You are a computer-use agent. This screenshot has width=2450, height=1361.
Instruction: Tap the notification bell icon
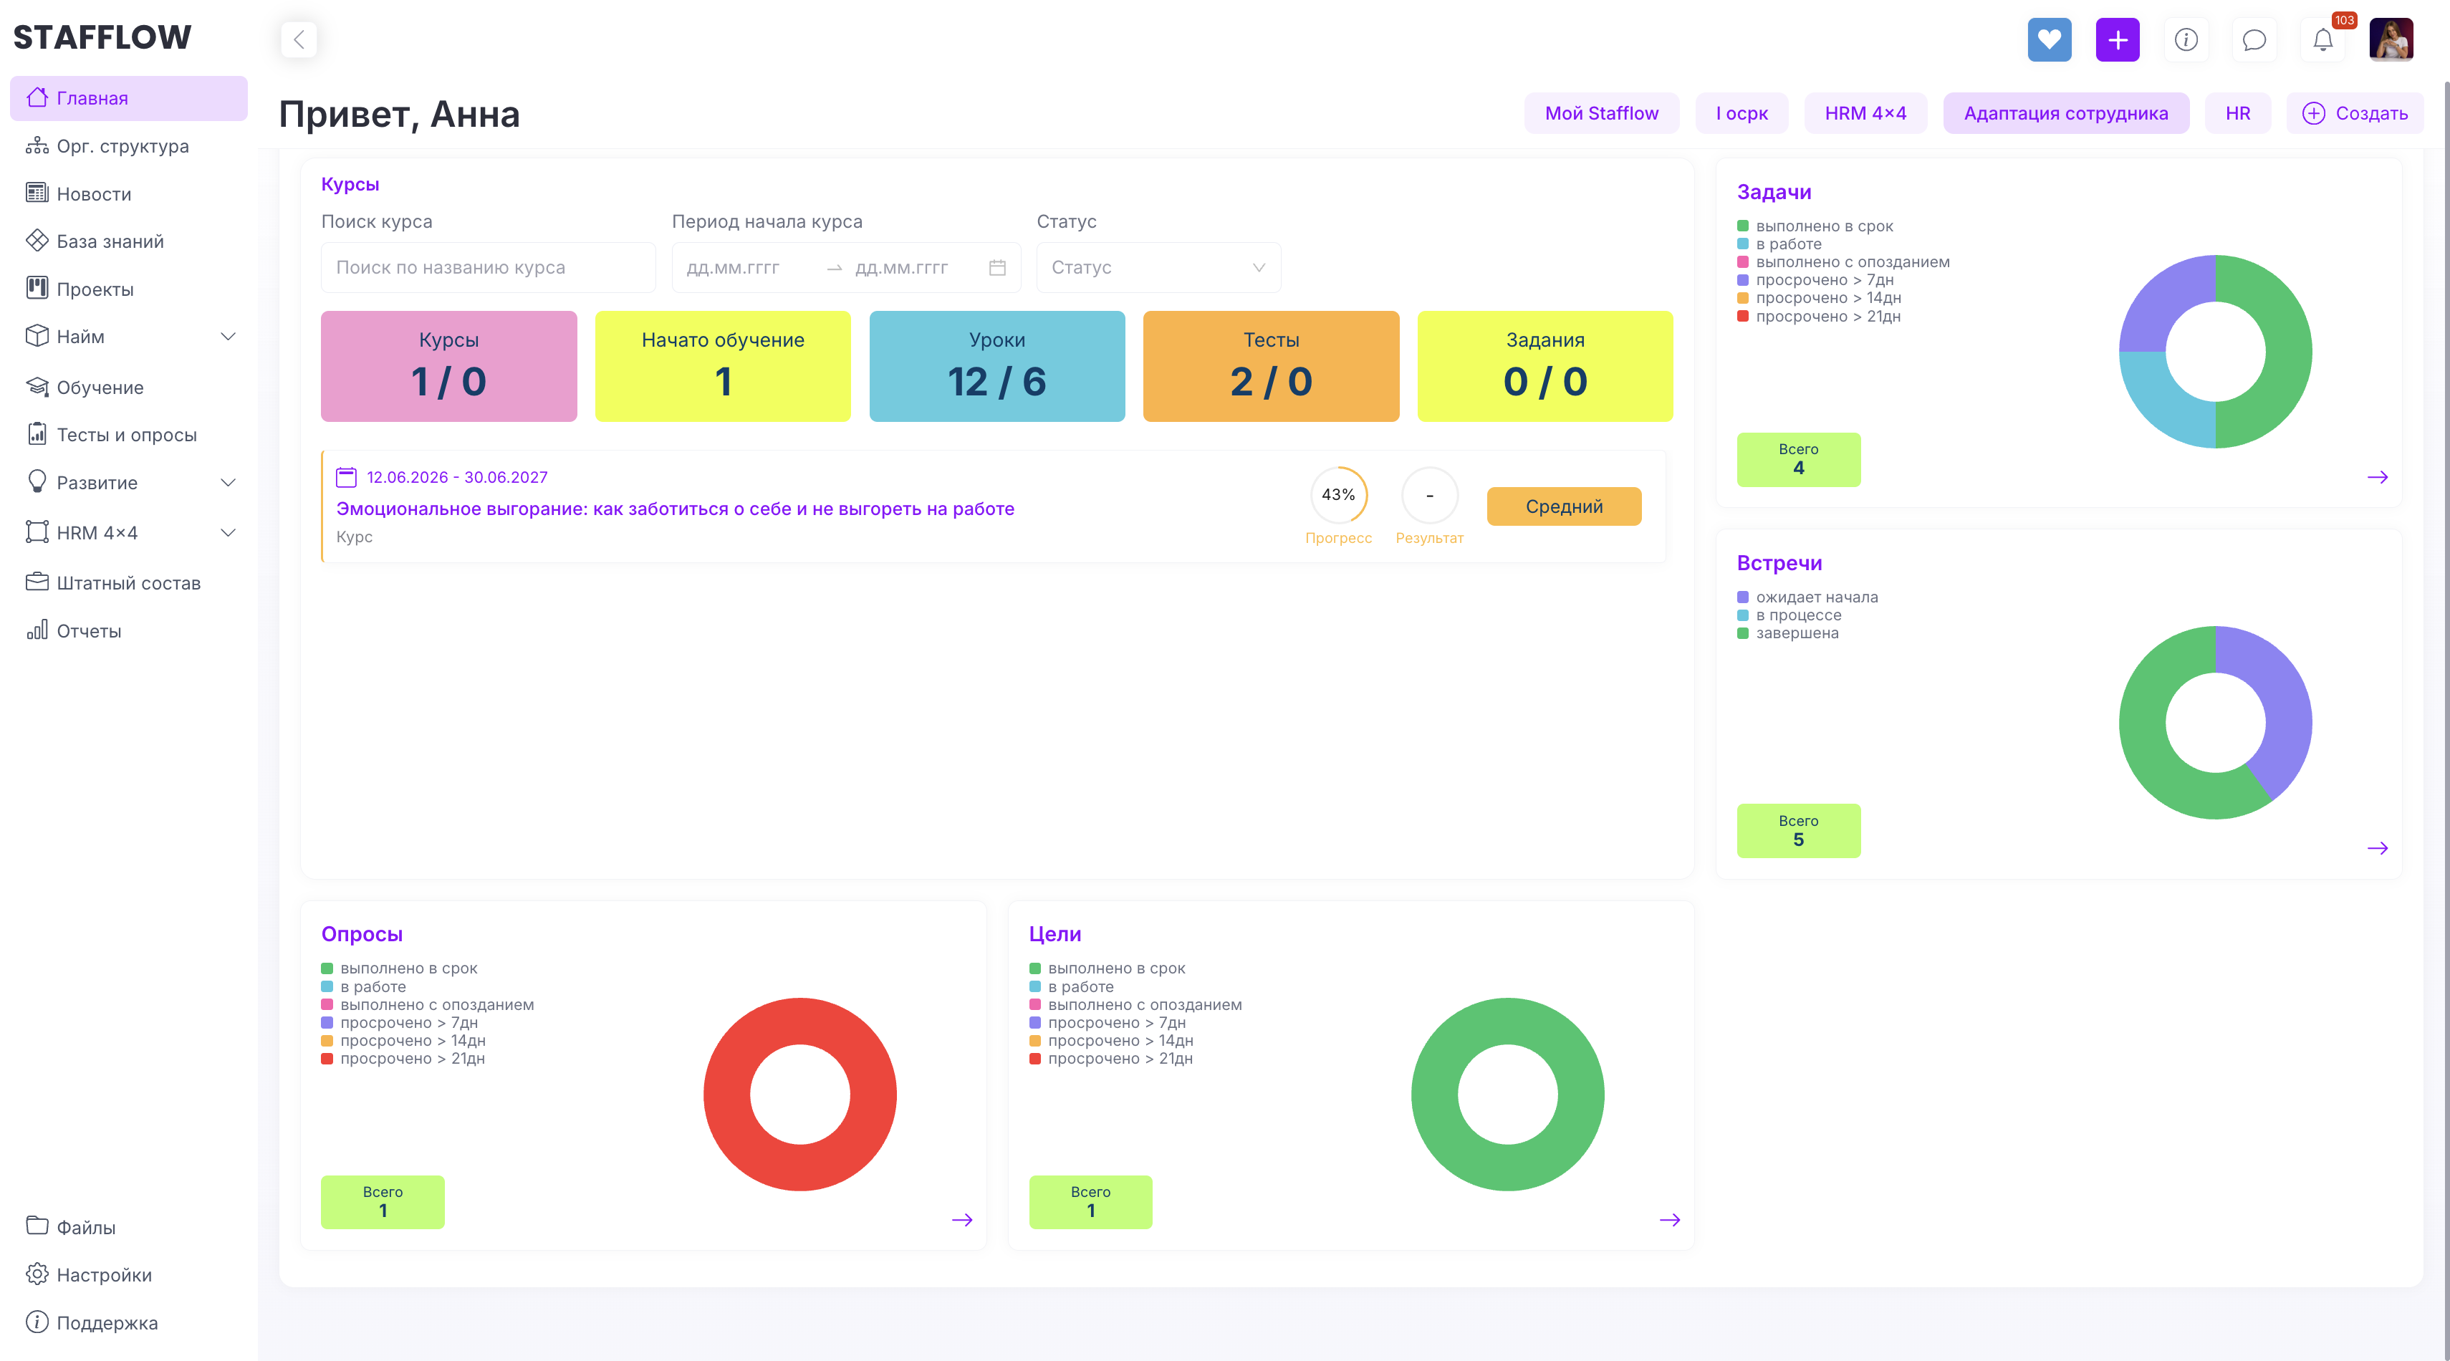click(2322, 40)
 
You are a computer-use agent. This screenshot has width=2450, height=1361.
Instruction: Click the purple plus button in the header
click(2117, 40)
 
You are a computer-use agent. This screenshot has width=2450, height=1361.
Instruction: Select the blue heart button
click(2049, 40)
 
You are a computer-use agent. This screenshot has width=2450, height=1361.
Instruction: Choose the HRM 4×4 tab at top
click(1865, 113)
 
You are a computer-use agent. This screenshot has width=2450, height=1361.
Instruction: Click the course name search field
click(488, 267)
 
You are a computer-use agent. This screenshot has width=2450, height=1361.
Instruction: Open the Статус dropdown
click(1158, 267)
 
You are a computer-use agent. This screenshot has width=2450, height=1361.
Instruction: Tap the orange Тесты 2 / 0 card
click(1271, 366)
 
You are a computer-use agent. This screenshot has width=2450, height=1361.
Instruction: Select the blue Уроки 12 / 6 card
click(996, 366)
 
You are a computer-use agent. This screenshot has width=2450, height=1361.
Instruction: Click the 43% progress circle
click(1338, 494)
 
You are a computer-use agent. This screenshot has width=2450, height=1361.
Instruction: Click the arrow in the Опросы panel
click(961, 1219)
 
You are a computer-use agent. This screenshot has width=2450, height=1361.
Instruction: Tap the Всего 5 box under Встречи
click(1797, 830)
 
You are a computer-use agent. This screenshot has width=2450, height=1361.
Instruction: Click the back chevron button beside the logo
click(299, 40)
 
